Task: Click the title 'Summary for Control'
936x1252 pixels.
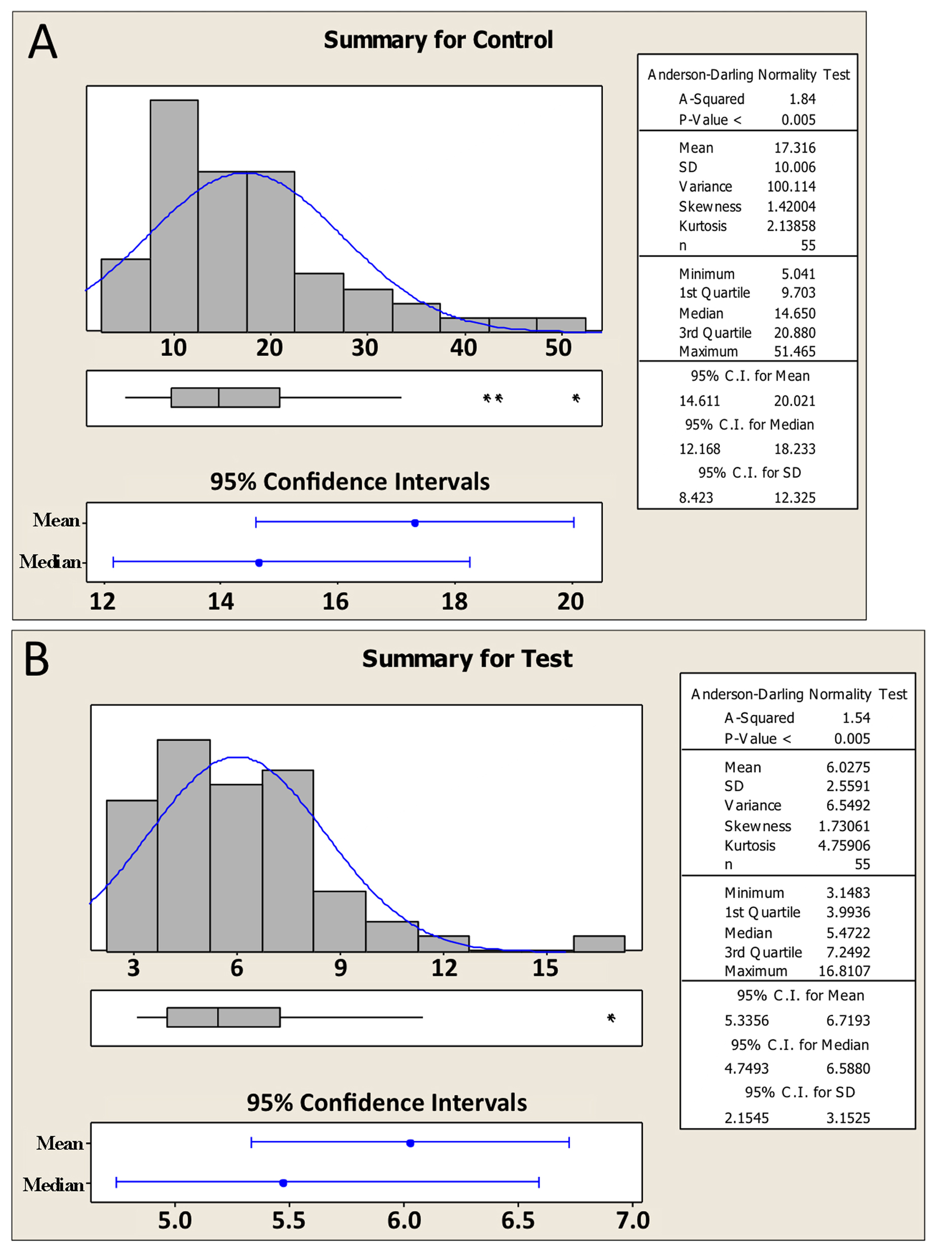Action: (x=438, y=40)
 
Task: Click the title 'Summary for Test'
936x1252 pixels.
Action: (x=467, y=659)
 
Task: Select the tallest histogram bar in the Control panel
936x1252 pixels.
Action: (x=174, y=216)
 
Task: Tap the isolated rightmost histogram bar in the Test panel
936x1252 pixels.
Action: (x=599, y=943)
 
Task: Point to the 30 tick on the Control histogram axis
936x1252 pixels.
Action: (x=364, y=348)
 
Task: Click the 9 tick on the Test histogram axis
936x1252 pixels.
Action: (x=340, y=968)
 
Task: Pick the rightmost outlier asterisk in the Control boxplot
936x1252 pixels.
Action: (x=576, y=398)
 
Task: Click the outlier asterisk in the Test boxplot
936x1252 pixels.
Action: (x=611, y=1018)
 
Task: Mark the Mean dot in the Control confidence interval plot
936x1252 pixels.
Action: (x=415, y=523)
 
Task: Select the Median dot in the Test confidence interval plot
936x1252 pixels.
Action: (x=283, y=1182)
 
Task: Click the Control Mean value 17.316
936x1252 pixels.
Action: (x=795, y=148)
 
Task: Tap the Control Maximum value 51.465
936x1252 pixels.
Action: (x=795, y=351)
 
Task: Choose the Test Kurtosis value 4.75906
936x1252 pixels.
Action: (x=844, y=845)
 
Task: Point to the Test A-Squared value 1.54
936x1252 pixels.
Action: (x=856, y=718)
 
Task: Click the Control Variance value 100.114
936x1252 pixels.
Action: (x=791, y=186)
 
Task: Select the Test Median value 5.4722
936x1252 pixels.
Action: (x=848, y=932)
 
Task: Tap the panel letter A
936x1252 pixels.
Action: (x=43, y=42)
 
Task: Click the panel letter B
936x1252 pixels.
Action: (x=37, y=659)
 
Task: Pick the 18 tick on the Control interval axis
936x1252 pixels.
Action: (x=454, y=601)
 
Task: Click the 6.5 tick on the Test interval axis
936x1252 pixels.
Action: (x=518, y=1220)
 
